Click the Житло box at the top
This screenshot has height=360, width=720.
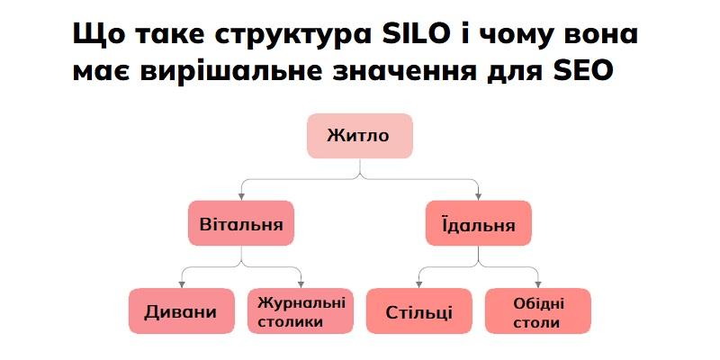tap(359, 136)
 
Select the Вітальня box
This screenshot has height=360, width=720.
tap(241, 223)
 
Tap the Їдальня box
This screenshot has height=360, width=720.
tap(479, 223)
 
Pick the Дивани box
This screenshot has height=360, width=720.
tap(182, 310)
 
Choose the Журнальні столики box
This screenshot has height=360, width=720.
tap(301, 310)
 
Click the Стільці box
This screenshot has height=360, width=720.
tap(418, 310)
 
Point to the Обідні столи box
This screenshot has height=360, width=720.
tap(537, 310)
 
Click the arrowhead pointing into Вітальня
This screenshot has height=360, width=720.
tap(241, 197)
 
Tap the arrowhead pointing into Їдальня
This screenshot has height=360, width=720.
tap(479, 197)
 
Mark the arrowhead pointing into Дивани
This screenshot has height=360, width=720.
tap(182, 284)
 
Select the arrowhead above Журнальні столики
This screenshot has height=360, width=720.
tap(301, 284)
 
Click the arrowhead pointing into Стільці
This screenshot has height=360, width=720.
tap(418, 284)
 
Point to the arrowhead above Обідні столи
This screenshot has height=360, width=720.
tap(537, 284)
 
